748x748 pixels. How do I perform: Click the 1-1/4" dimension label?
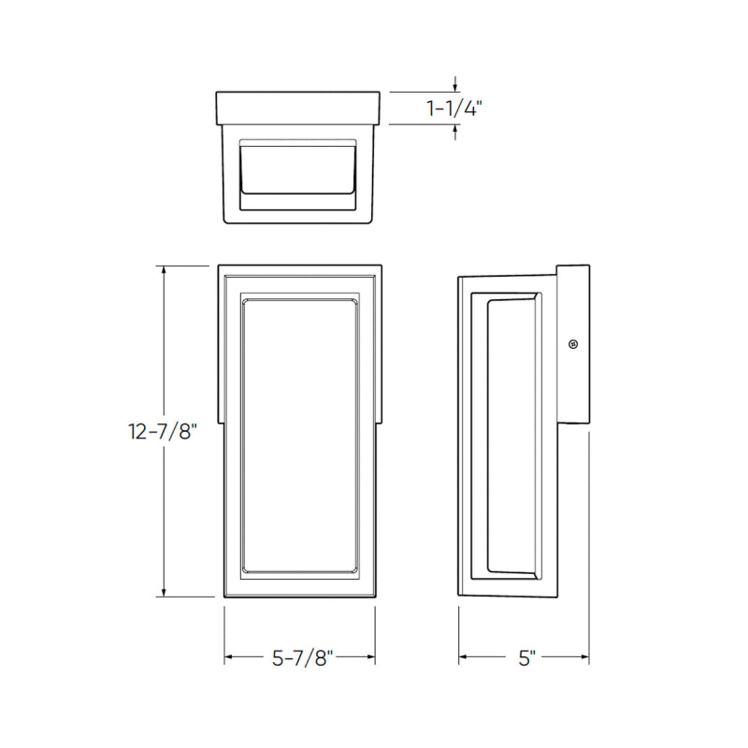(x=454, y=108)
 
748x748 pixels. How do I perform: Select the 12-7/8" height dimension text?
(x=163, y=432)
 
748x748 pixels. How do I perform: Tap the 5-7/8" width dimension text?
(x=302, y=658)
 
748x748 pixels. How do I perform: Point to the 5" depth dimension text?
(x=526, y=658)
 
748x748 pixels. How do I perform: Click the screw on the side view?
(x=573, y=344)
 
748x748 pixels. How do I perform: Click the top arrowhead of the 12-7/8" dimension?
(x=165, y=270)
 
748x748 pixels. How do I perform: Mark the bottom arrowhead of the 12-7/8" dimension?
(x=165, y=592)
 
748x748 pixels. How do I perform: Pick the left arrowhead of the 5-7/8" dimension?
(x=229, y=657)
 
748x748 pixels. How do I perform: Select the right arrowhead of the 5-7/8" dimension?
(x=370, y=657)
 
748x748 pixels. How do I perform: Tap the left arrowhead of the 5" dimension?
(x=463, y=657)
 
